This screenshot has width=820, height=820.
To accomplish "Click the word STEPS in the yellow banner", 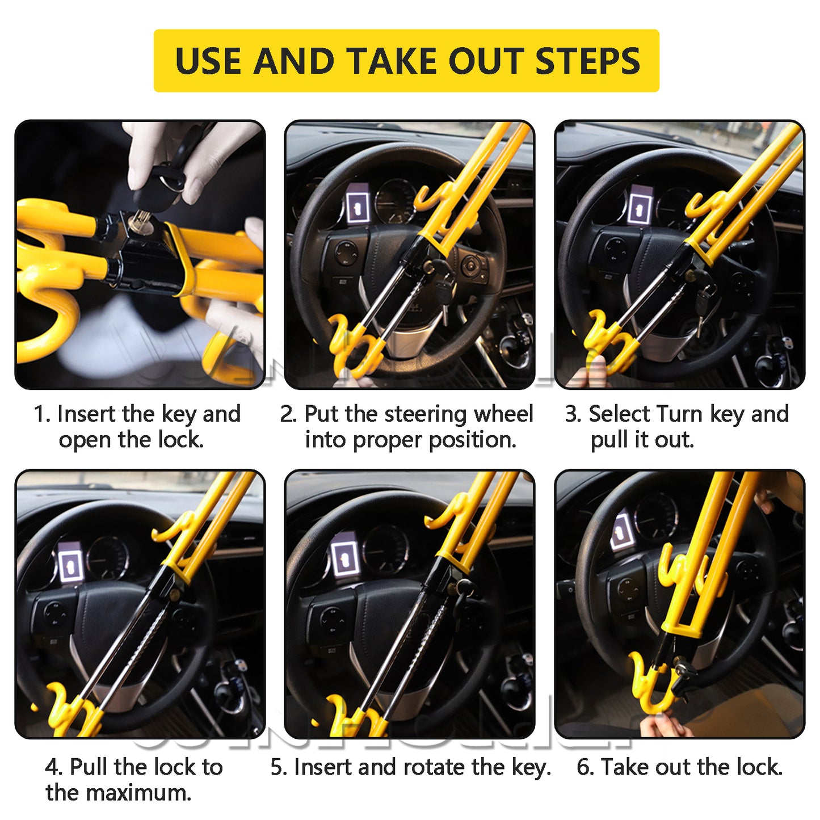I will tap(587, 61).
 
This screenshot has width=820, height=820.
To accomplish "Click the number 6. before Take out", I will tap(586, 767).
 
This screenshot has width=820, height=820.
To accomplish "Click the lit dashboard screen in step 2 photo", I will tap(357, 205).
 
